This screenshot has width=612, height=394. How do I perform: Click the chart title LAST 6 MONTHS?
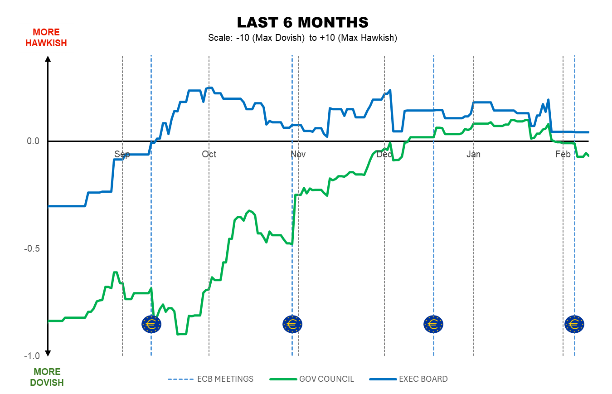(x=302, y=22)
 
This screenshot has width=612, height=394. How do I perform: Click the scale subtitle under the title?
(x=302, y=38)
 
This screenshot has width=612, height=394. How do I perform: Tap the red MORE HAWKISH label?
(x=46, y=38)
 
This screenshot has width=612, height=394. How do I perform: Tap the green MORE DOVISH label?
(x=47, y=377)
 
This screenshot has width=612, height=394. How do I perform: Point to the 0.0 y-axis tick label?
(x=34, y=141)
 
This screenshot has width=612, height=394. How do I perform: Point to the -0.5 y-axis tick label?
(x=32, y=248)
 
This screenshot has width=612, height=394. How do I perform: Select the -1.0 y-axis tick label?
(x=32, y=356)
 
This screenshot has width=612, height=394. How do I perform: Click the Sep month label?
(x=122, y=154)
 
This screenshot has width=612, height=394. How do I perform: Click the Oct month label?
(x=209, y=154)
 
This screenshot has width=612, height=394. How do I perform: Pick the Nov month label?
(x=298, y=154)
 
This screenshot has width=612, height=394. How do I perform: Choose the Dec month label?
(x=384, y=154)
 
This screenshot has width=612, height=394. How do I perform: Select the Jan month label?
(x=473, y=154)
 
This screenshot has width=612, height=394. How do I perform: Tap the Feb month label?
(x=563, y=154)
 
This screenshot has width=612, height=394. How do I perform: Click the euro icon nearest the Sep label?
(x=151, y=324)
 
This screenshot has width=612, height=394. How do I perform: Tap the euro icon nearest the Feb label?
(x=574, y=324)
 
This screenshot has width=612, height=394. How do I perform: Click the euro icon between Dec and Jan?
(x=433, y=324)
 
